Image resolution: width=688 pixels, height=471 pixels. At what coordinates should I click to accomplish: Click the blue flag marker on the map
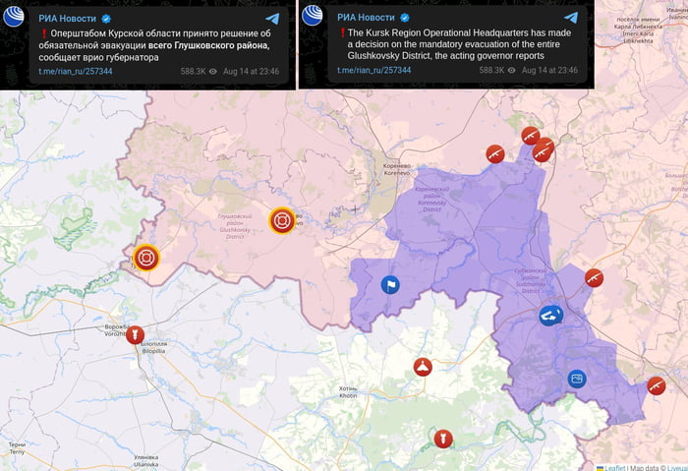pyautogui.click(x=390, y=285)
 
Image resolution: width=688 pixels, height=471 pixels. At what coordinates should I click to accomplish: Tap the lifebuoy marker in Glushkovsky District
pyautogui.click(x=282, y=220)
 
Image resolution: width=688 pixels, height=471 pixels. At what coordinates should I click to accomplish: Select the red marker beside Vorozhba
pyautogui.click(x=135, y=335)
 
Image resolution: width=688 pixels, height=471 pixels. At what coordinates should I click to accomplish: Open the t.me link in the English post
pyautogui.click(x=370, y=71)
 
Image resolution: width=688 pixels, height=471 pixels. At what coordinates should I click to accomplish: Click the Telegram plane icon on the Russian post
pyautogui.click(x=272, y=18)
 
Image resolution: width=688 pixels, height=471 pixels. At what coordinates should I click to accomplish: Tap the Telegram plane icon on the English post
pyautogui.click(x=571, y=18)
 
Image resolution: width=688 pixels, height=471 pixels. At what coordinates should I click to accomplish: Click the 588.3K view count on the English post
pyautogui.click(x=491, y=71)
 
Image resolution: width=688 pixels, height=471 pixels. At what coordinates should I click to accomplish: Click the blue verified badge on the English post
pyautogui.click(x=403, y=19)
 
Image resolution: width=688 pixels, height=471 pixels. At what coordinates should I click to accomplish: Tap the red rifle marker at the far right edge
pyautogui.click(x=656, y=384)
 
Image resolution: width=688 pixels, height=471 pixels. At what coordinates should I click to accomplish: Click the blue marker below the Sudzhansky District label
pyautogui.click(x=550, y=316)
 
